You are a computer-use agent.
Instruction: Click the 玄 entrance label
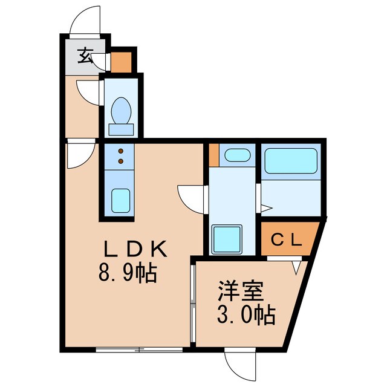[85, 56]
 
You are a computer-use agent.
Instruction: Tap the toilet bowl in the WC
[121, 111]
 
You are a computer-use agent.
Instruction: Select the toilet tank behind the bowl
[121, 129]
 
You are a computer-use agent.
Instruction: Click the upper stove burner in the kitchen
[121, 151]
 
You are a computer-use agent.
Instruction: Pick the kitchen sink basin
[120, 200]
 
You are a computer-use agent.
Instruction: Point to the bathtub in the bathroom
[291, 161]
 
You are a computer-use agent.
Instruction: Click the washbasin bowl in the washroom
[238, 155]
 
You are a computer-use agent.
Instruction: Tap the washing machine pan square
[227, 239]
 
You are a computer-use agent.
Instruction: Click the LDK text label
[135, 249]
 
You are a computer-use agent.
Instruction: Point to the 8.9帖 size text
[128, 273]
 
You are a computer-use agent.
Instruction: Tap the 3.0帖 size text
[246, 314]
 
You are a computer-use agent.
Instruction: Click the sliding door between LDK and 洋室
[193, 303]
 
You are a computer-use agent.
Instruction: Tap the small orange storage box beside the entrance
[121, 62]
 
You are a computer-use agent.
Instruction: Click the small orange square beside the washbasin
[214, 155]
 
